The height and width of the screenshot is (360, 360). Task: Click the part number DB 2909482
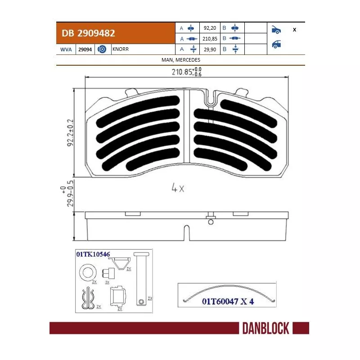point(88,33)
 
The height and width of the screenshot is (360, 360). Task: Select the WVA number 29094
point(85,49)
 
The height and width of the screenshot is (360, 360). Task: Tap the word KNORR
point(121,49)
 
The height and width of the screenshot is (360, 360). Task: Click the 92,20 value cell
point(210,28)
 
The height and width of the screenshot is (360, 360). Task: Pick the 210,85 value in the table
point(210,39)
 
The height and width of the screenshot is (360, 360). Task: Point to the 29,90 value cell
point(210,49)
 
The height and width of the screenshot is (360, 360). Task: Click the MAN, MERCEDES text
point(181,60)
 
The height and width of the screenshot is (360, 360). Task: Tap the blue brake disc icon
point(102,49)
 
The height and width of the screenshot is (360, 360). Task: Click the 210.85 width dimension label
point(187,72)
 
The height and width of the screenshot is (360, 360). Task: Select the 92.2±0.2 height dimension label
point(70,133)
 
